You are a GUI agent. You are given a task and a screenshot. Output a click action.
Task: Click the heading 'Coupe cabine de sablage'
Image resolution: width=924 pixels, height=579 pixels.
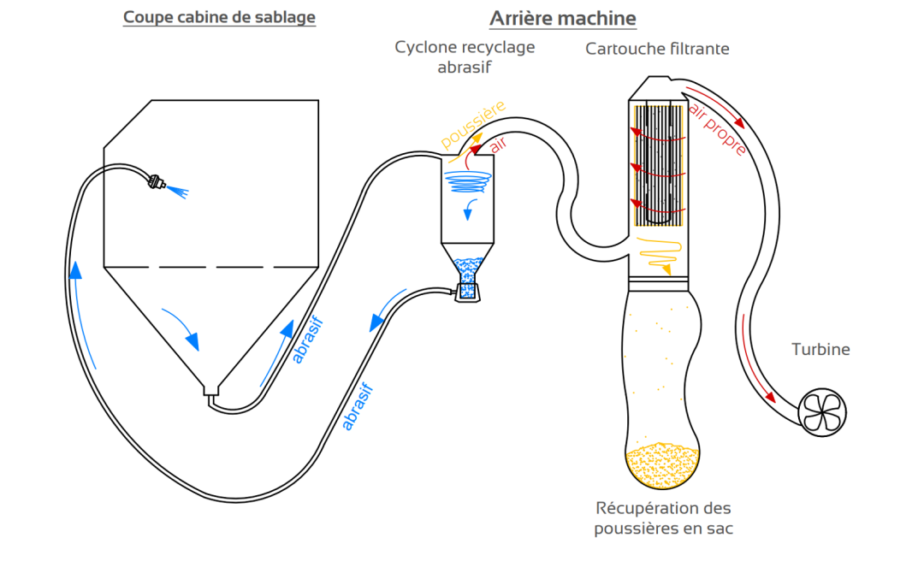click(x=219, y=17)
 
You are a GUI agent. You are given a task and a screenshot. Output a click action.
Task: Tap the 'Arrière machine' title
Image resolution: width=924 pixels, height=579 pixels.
click(x=562, y=18)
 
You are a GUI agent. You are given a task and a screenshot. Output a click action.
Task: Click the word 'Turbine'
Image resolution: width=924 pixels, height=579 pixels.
click(x=820, y=349)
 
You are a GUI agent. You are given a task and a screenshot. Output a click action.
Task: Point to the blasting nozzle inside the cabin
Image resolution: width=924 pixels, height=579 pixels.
click(x=157, y=182)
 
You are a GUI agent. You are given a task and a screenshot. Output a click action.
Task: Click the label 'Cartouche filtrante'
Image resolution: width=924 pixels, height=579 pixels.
click(x=657, y=49)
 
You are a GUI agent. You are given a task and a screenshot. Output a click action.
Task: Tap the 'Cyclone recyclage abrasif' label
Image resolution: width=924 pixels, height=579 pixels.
click(x=465, y=56)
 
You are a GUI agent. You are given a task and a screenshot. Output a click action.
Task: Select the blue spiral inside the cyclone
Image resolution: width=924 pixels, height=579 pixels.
click(x=469, y=180)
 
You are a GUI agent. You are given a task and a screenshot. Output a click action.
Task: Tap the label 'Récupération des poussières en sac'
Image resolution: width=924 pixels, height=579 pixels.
click(x=663, y=517)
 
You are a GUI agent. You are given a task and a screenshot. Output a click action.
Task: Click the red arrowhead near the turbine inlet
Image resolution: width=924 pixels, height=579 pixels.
click(x=772, y=397)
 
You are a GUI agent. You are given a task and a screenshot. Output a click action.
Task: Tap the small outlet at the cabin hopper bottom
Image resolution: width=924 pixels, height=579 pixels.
click(x=210, y=392)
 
